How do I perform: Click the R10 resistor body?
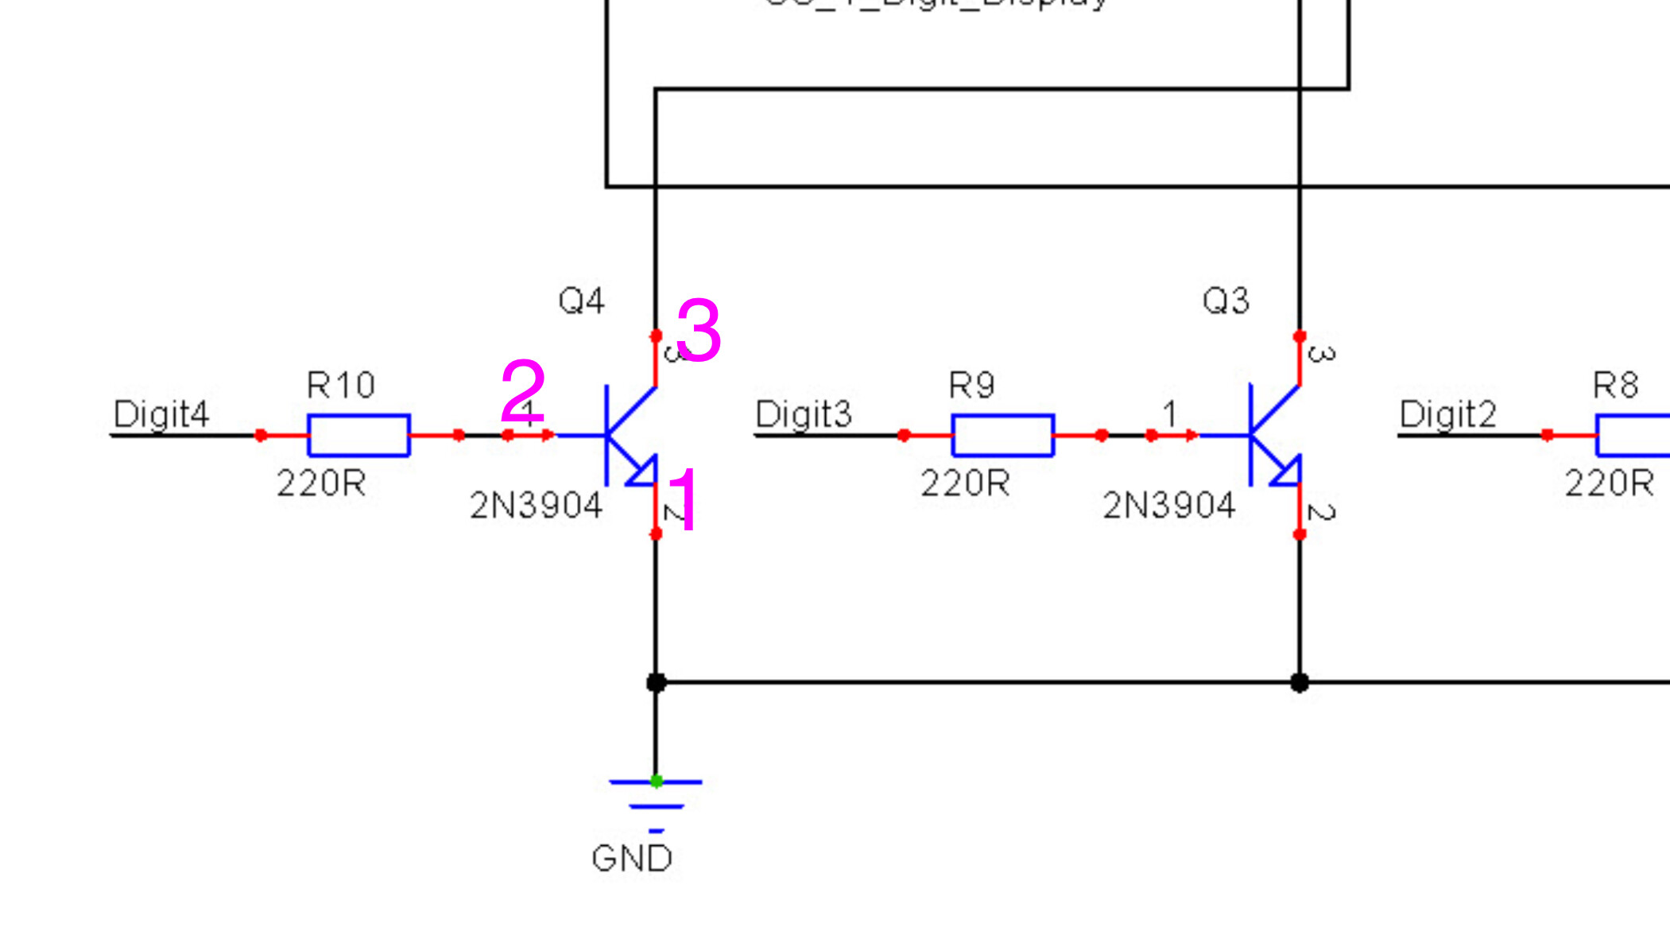(358, 435)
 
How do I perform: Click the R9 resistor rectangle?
(1002, 435)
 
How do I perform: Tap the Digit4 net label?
(161, 414)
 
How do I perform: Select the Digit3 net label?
(803, 414)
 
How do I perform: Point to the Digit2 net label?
(1447, 414)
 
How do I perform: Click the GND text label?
(632, 859)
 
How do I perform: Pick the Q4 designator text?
(581, 301)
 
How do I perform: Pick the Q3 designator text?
(1226, 301)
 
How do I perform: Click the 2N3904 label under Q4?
(536, 506)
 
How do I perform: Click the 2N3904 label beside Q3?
(1168, 506)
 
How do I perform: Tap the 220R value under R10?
(321, 483)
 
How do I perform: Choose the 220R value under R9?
(965, 483)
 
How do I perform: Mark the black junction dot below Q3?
(1299, 682)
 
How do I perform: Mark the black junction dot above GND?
(656, 682)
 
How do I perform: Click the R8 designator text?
(1615, 386)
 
